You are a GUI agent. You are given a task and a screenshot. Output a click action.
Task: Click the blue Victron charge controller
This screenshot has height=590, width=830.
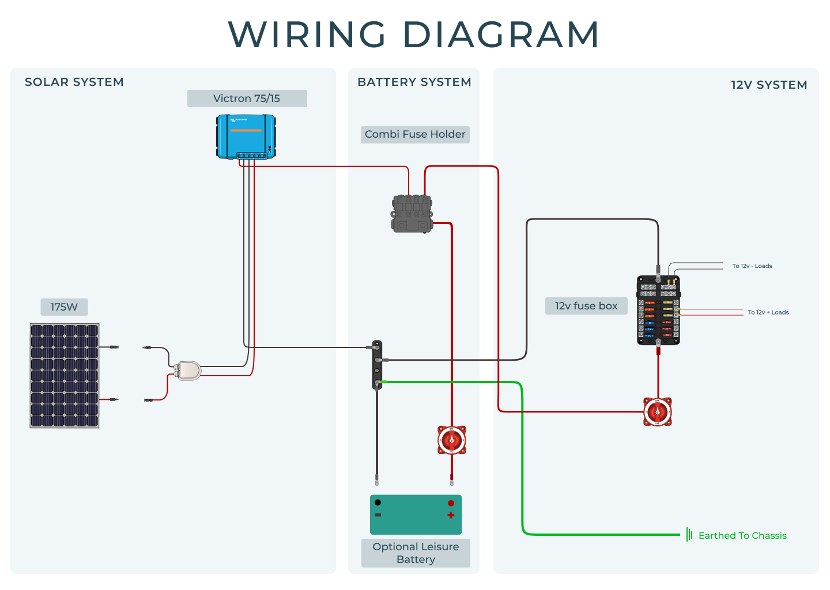pyautogui.click(x=246, y=137)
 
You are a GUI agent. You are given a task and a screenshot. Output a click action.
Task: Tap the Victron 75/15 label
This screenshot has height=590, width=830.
pyautogui.click(x=247, y=99)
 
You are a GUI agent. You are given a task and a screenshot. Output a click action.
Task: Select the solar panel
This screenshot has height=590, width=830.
pyautogui.click(x=65, y=376)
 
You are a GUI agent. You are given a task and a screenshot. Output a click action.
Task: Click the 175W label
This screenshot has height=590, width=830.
pyautogui.click(x=64, y=307)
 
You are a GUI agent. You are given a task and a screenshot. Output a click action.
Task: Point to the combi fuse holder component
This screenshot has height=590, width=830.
pyautogui.click(x=412, y=214)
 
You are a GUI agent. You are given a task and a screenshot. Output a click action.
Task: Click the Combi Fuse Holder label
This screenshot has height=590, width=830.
pyautogui.click(x=415, y=134)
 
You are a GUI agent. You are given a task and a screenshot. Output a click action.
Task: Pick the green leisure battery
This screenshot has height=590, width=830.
pyautogui.click(x=416, y=515)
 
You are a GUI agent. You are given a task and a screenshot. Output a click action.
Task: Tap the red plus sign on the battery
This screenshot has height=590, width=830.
pyautogui.click(x=451, y=515)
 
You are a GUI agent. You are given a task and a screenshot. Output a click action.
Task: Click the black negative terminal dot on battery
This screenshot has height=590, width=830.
pyautogui.click(x=378, y=502)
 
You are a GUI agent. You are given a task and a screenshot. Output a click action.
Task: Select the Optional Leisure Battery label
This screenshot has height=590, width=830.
pyautogui.click(x=416, y=553)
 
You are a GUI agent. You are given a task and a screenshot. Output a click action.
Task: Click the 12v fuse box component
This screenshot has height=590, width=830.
pyautogui.click(x=658, y=311)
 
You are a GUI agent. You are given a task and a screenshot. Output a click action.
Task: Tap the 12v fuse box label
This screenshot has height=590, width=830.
pyautogui.click(x=586, y=306)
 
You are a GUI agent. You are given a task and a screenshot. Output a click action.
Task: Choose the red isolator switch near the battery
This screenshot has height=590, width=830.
pyautogui.click(x=452, y=441)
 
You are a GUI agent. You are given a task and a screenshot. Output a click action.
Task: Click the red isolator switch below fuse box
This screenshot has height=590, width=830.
pyautogui.click(x=658, y=412)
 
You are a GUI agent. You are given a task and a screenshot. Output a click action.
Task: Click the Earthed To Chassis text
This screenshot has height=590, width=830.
pyautogui.click(x=742, y=536)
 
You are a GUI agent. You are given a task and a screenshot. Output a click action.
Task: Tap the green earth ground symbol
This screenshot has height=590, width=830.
pyautogui.click(x=689, y=535)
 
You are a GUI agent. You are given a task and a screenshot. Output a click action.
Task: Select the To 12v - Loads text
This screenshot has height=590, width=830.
pyautogui.click(x=752, y=266)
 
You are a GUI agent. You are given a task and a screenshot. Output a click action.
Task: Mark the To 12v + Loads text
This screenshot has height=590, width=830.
pyautogui.click(x=768, y=312)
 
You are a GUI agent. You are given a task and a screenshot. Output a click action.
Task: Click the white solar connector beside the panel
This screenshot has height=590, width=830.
pyautogui.click(x=188, y=370)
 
